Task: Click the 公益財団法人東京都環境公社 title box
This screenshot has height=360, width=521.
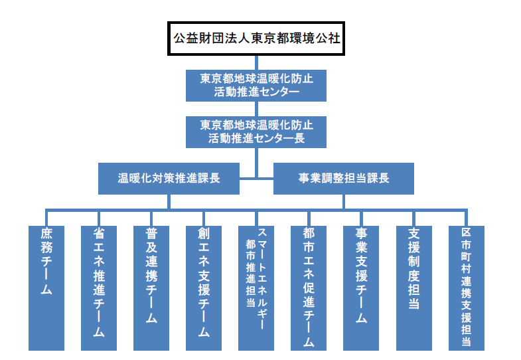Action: (256, 39)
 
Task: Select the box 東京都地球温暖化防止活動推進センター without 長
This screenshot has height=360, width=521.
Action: (256, 86)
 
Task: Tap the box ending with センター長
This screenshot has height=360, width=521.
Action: (256, 132)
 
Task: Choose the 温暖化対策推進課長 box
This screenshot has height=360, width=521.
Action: (169, 179)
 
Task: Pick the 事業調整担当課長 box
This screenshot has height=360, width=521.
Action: (344, 179)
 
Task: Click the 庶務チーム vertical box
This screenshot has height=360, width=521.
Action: (46, 288)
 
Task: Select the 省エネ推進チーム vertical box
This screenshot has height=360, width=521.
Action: (99, 288)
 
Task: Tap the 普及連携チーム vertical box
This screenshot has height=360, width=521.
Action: (151, 288)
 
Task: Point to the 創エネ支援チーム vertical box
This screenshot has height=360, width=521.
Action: (204, 288)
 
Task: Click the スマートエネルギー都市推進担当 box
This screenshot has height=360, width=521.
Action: (256, 288)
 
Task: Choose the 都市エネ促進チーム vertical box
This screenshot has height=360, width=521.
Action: (309, 288)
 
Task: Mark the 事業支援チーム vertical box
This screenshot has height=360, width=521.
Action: (361, 288)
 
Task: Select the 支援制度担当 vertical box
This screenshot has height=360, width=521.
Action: (414, 288)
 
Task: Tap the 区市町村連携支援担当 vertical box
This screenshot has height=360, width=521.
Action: (467, 288)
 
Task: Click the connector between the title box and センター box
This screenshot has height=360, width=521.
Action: (256, 62)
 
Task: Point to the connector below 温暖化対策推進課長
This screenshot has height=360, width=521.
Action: (169, 202)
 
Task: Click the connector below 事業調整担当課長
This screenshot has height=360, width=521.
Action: (344, 202)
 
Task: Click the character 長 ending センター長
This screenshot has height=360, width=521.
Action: (299, 138)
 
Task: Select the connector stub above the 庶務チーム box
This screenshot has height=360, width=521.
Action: (46, 218)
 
